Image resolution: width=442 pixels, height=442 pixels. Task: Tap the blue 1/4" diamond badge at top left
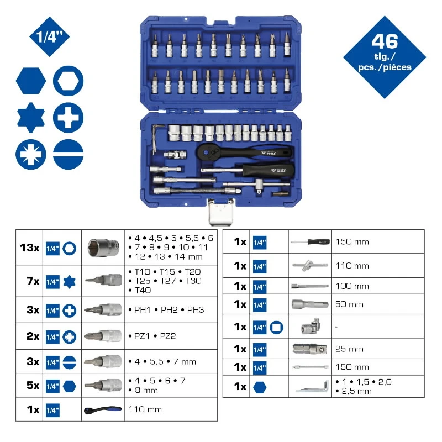click(46, 38)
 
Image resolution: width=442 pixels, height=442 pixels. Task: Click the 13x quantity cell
click(29, 248)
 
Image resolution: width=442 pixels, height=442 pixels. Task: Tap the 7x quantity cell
click(29, 281)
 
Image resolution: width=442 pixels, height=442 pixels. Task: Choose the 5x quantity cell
click(29, 385)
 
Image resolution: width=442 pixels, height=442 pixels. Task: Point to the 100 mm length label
click(352, 286)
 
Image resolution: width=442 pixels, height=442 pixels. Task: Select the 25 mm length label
click(349, 349)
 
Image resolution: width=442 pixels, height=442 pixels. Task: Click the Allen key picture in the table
click(310, 387)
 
